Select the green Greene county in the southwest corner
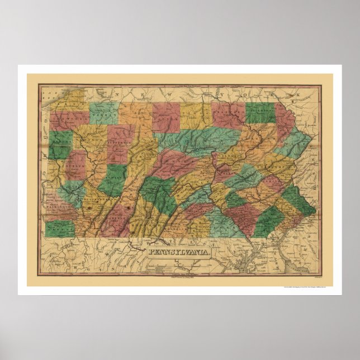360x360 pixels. click(60, 228)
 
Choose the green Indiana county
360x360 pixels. click(114, 179)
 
